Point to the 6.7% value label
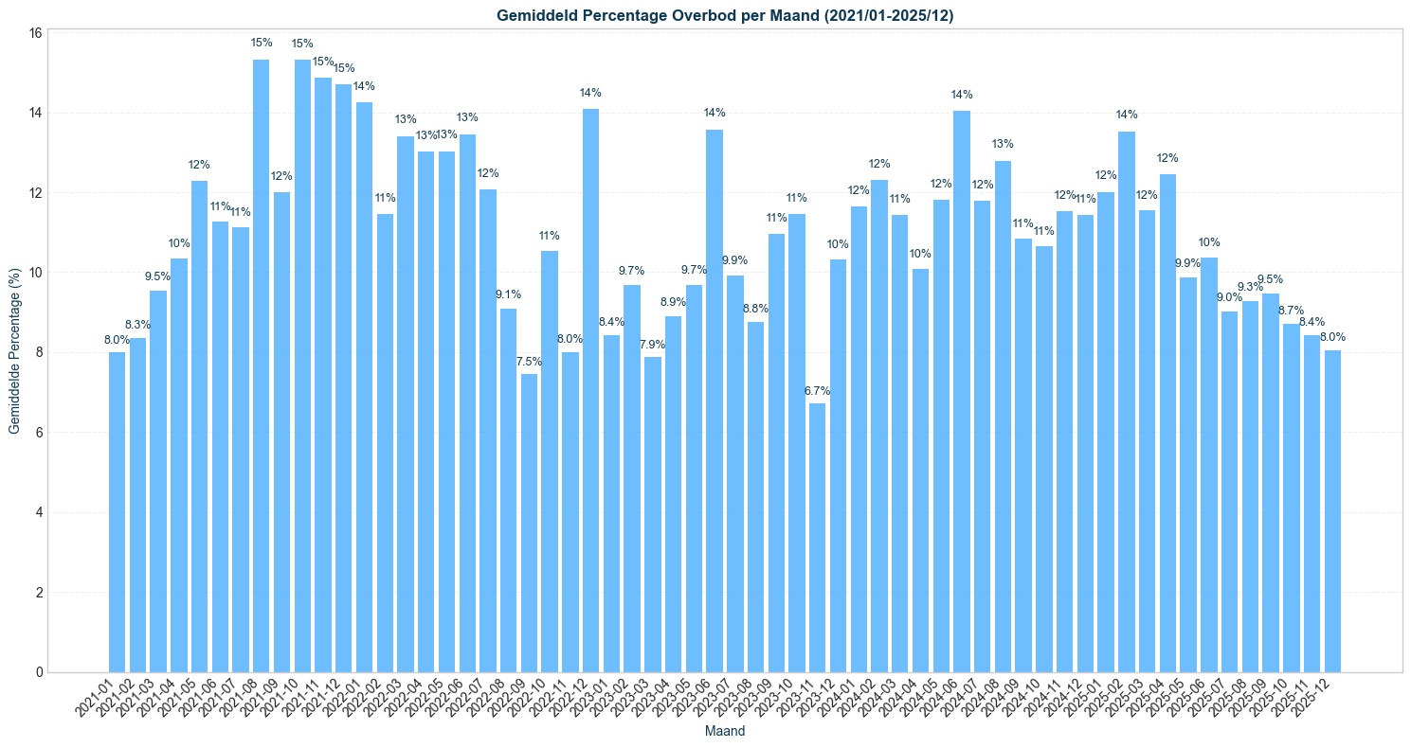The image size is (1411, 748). [817, 390]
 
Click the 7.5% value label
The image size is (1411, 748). [529, 361]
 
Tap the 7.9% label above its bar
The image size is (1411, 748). [652, 344]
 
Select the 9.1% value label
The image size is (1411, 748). [508, 294]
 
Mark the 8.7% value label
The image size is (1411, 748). [1291, 311]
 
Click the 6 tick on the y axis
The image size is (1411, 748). [38, 433]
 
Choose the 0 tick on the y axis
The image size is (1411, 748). [38, 672]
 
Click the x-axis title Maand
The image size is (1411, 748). [725, 732]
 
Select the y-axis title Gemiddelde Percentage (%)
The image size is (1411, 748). [14, 351]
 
